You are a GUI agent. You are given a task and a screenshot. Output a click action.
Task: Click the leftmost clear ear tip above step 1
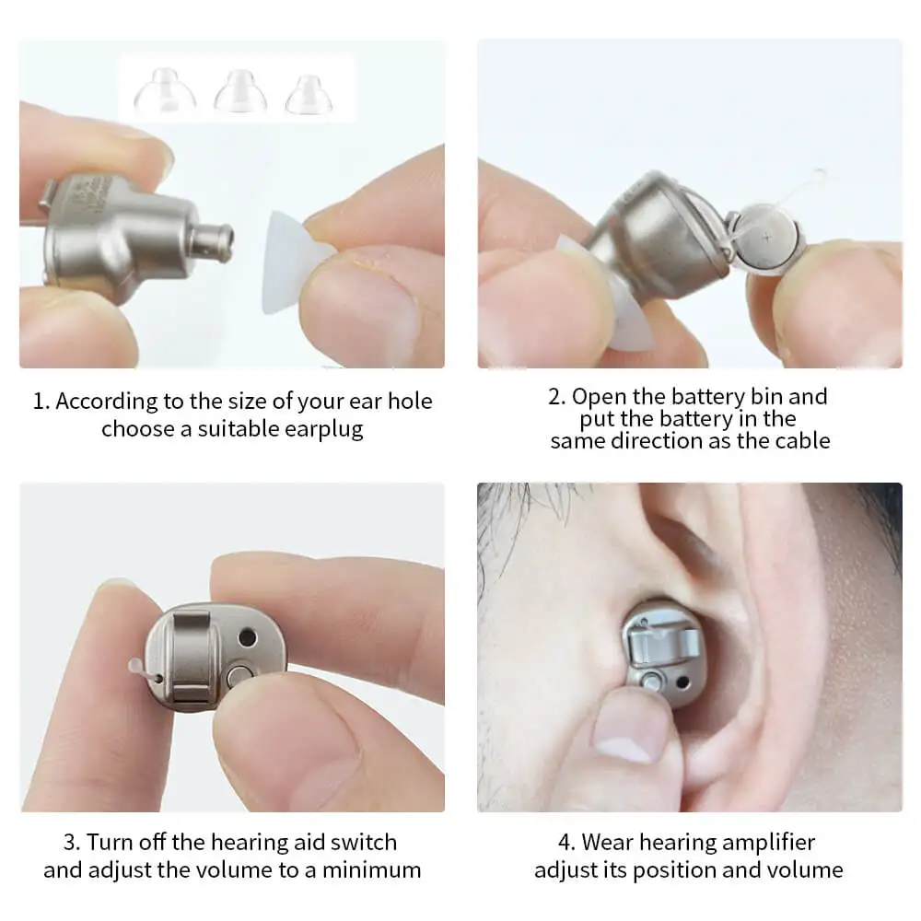[x=165, y=90]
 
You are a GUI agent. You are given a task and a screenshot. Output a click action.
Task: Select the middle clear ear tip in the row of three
[x=240, y=91]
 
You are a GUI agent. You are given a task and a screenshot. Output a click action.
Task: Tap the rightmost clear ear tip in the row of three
[x=309, y=94]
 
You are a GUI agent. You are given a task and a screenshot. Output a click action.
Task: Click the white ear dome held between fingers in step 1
[x=294, y=262]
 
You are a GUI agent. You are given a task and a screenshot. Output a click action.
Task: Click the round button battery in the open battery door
[x=766, y=236]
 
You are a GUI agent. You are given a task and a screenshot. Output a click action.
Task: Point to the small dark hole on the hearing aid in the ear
[x=683, y=683]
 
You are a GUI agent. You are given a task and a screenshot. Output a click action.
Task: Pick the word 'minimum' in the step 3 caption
[x=372, y=870]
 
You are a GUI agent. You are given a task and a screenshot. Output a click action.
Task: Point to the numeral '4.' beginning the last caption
[x=566, y=843]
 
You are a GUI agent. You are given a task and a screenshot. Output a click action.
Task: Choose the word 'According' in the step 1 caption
[x=106, y=402]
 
